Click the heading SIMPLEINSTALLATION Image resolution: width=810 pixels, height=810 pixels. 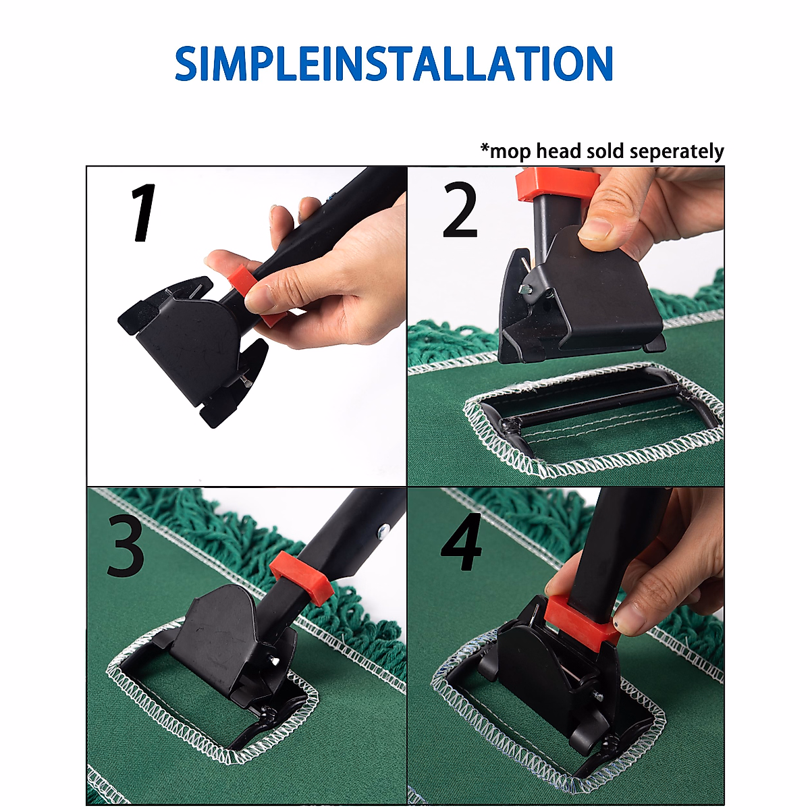coord(394,63)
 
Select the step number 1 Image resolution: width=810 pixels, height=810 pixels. coord(144,213)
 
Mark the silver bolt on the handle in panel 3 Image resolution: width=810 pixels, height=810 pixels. coord(383,533)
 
